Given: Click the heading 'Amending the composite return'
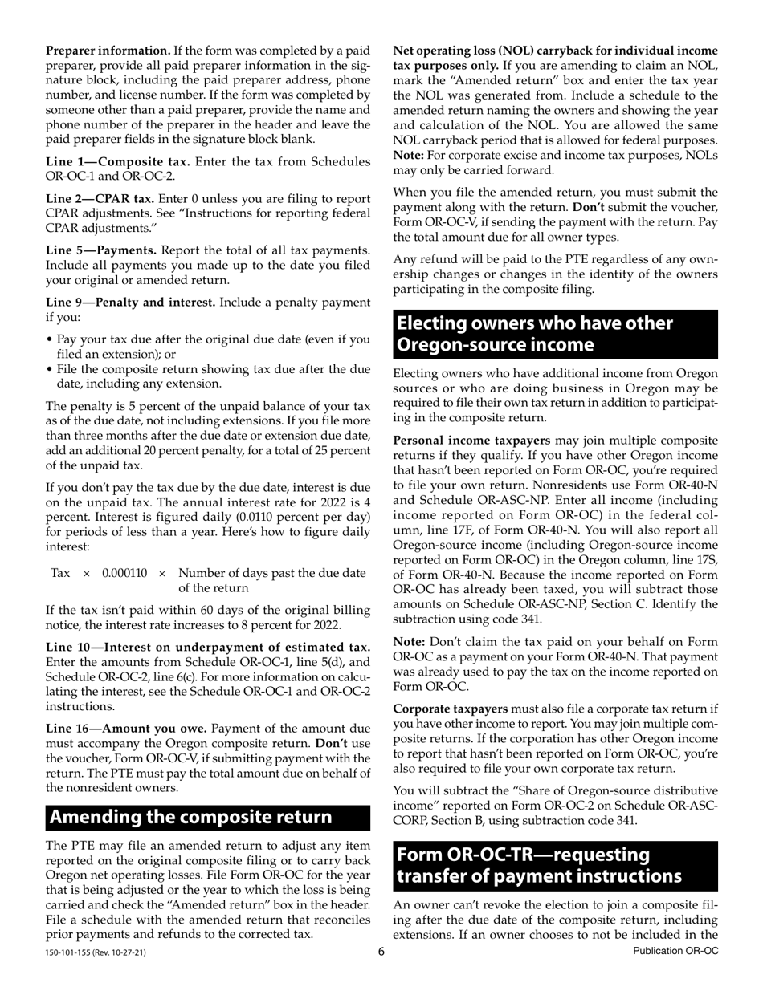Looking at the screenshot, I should click(190, 817).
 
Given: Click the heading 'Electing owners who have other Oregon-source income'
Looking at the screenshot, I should click(535, 334).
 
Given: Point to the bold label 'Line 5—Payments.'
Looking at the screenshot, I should click(101, 250).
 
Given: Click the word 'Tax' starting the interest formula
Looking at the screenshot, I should click(61, 573).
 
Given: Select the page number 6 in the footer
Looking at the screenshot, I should click(381, 952).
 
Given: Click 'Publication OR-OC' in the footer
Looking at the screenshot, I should click(675, 952).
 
